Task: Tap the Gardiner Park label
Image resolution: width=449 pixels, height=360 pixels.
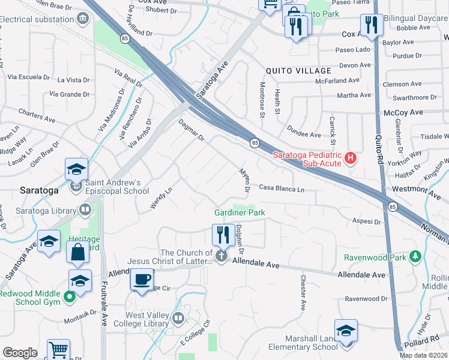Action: point(240,212)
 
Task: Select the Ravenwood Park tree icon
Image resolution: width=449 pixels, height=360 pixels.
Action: point(414,257)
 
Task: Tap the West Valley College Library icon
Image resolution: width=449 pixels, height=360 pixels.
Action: point(178,318)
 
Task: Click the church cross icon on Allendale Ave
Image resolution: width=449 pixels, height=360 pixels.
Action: point(221,257)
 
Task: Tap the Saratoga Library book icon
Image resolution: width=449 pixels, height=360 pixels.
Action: point(85,209)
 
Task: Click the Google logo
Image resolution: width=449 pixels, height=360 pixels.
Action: point(20,353)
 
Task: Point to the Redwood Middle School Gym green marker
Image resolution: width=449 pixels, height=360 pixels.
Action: point(70,296)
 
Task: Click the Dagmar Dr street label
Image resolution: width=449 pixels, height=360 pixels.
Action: point(192,131)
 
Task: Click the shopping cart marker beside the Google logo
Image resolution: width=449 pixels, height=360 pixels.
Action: point(59,350)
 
